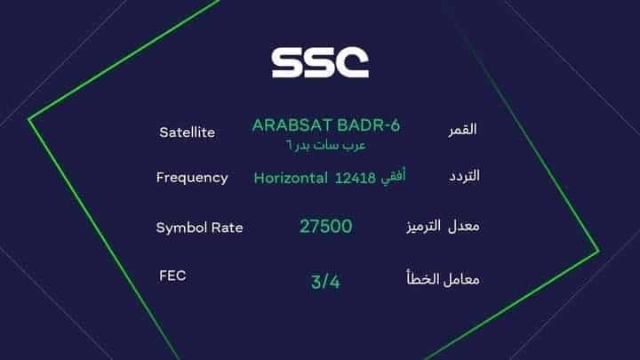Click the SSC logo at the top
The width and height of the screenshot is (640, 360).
320,62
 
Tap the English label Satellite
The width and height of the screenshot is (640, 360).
187,132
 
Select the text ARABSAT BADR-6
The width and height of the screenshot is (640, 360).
326,125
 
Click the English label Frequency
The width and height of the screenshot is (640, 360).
192,177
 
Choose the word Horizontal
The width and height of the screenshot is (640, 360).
291,178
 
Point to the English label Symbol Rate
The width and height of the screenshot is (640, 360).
199,228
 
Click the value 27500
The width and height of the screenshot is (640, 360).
325,227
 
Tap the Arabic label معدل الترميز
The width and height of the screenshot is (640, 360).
442,227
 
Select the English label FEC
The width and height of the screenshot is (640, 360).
172,276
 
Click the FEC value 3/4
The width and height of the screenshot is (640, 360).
325,283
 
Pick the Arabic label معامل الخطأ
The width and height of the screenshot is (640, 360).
442,278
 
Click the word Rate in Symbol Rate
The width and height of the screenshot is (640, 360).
227,228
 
